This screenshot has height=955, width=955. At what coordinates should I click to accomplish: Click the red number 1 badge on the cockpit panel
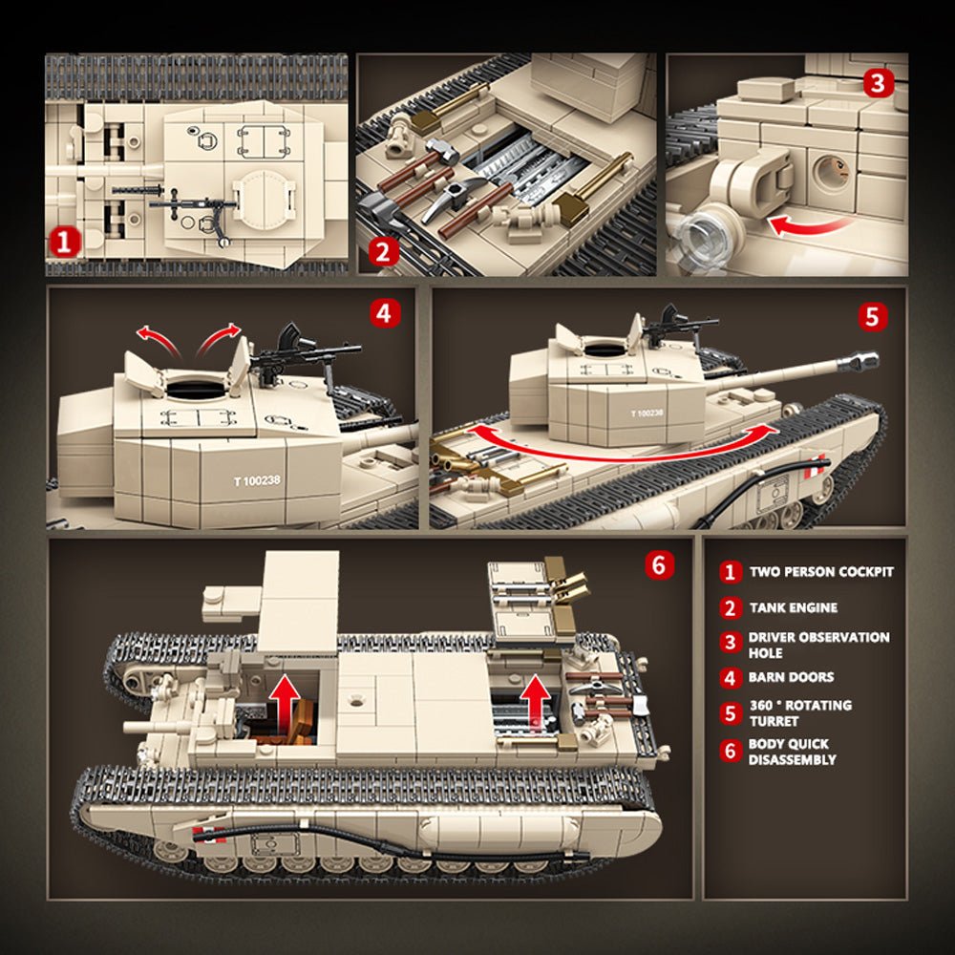click(x=64, y=242)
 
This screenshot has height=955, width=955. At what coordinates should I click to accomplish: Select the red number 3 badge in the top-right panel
click(x=879, y=83)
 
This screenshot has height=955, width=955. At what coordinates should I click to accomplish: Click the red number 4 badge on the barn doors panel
click(x=385, y=313)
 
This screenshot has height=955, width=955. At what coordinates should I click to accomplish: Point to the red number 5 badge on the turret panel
click(x=873, y=316)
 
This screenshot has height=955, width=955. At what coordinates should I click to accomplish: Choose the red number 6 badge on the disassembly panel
click(x=660, y=564)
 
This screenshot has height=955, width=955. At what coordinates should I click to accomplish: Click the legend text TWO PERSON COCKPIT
click(x=821, y=571)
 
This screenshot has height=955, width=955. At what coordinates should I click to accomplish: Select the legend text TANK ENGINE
click(x=793, y=607)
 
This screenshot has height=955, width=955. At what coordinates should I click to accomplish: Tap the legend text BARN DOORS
click(x=791, y=677)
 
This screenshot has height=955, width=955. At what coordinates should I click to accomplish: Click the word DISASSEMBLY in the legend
click(x=792, y=759)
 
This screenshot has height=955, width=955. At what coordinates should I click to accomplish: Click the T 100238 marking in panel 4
click(x=257, y=481)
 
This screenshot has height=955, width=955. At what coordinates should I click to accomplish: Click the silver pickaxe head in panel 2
click(x=448, y=199)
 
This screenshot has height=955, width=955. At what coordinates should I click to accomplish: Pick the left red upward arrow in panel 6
click(x=285, y=699)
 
